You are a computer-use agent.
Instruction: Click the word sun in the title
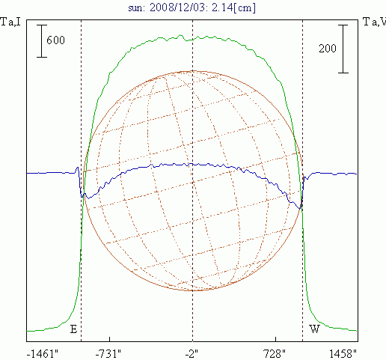[136, 8]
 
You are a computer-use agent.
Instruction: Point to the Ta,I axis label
[10, 22]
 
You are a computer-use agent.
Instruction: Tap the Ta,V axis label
[375, 22]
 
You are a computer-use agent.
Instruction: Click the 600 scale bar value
[55, 40]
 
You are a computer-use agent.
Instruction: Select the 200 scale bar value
[328, 48]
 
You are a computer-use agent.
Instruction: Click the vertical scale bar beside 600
[42, 41]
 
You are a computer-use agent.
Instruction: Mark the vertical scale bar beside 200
[343, 49]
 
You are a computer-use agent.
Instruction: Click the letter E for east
[73, 329]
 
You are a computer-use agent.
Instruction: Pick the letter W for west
[314, 329]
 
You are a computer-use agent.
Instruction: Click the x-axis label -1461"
[42, 354]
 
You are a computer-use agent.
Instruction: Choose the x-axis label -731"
[108, 354]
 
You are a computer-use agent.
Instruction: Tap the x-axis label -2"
[192, 354]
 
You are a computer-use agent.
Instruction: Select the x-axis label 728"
[275, 354]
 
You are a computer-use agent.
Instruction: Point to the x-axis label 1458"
[343, 354]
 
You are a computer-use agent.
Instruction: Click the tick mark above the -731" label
[109, 339]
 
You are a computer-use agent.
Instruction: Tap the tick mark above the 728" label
[275, 339]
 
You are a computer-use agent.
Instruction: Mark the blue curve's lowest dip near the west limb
[300, 208]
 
